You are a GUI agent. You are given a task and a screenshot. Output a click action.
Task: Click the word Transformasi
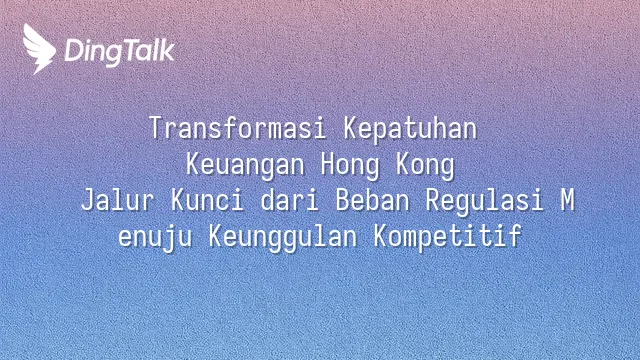click(x=238, y=128)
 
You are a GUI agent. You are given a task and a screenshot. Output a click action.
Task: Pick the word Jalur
click(x=117, y=200)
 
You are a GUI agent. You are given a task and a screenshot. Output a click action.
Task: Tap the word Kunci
click(x=207, y=200)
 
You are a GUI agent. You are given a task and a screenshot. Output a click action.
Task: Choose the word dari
click(x=289, y=200)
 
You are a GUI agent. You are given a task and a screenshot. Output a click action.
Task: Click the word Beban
click(x=372, y=200)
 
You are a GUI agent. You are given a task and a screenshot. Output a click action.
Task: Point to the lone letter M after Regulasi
click(x=567, y=200)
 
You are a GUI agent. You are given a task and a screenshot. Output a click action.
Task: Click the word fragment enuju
click(x=155, y=238)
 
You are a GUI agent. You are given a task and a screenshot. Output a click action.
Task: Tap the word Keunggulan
click(x=283, y=238)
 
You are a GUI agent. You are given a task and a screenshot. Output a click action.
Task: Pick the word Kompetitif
click(x=448, y=238)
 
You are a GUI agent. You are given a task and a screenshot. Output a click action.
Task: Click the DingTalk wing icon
click(x=39, y=49)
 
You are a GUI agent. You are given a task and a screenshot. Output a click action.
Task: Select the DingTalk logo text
click(x=120, y=52)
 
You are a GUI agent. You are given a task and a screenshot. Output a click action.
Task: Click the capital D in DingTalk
click(x=75, y=51)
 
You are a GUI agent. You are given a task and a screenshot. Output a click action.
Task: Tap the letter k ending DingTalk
click(x=166, y=50)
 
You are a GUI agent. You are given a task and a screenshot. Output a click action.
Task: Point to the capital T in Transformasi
click(x=156, y=128)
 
